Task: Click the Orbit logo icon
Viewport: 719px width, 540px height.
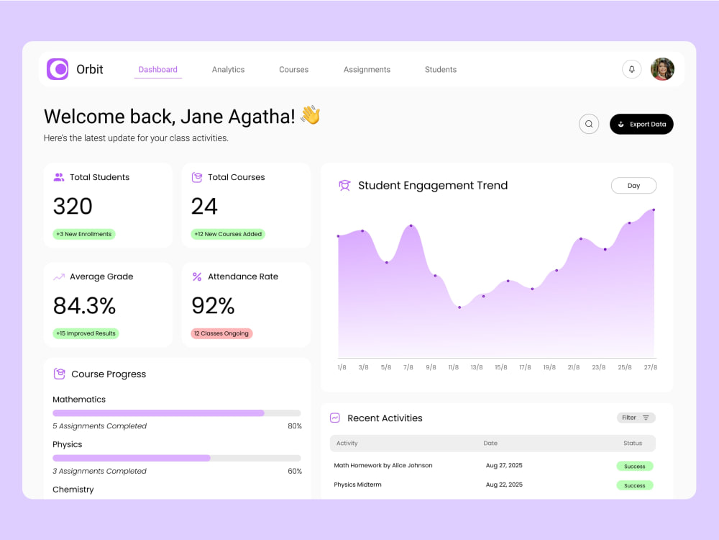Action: pyautogui.click(x=58, y=69)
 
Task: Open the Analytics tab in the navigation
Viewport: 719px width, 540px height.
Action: pyautogui.click(x=228, y=69)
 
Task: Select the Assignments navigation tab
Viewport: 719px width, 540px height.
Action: pyautogui.click(x=367, y=69)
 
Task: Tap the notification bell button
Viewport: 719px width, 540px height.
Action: pyautogui.click(x=631, y=69)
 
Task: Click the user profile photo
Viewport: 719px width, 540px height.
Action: pyautogui.click(x=662, y=69)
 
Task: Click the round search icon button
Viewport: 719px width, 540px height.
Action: pyautogui.click(x=589, y=124)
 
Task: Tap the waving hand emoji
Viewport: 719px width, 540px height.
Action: pyautogui.click(x=311, y=114)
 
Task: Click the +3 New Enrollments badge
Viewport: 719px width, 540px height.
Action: pyautogui.click(x=84, y=234)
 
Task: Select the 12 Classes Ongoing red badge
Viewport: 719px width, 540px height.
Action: pyautogui.click(x=221, y=333)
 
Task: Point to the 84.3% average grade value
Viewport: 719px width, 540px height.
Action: pyautogui.click(x=84, y=306)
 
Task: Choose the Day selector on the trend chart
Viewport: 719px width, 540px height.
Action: pyautogui.click(x=633, y=186)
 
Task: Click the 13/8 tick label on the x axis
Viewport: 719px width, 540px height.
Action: pyautogui.click(x=477, y=367)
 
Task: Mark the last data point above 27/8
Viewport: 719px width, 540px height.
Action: pyautogui.click(x=654, y=210)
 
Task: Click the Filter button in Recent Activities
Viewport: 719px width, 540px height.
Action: pyautogui.click(x=636, y=418)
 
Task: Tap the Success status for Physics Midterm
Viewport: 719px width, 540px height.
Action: pyautogui.click(x=635, y=485)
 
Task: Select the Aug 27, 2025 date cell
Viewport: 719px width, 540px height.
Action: pyautogui.click(x=504, y=465)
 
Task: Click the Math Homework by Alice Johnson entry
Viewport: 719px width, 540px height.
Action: pyautogui.click(x=383, y=465)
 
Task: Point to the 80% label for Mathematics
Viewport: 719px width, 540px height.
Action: pyautogui.click(x=295, y=426)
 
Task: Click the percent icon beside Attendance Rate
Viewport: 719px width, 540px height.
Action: pyautogui.click(x=197, y=276)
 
